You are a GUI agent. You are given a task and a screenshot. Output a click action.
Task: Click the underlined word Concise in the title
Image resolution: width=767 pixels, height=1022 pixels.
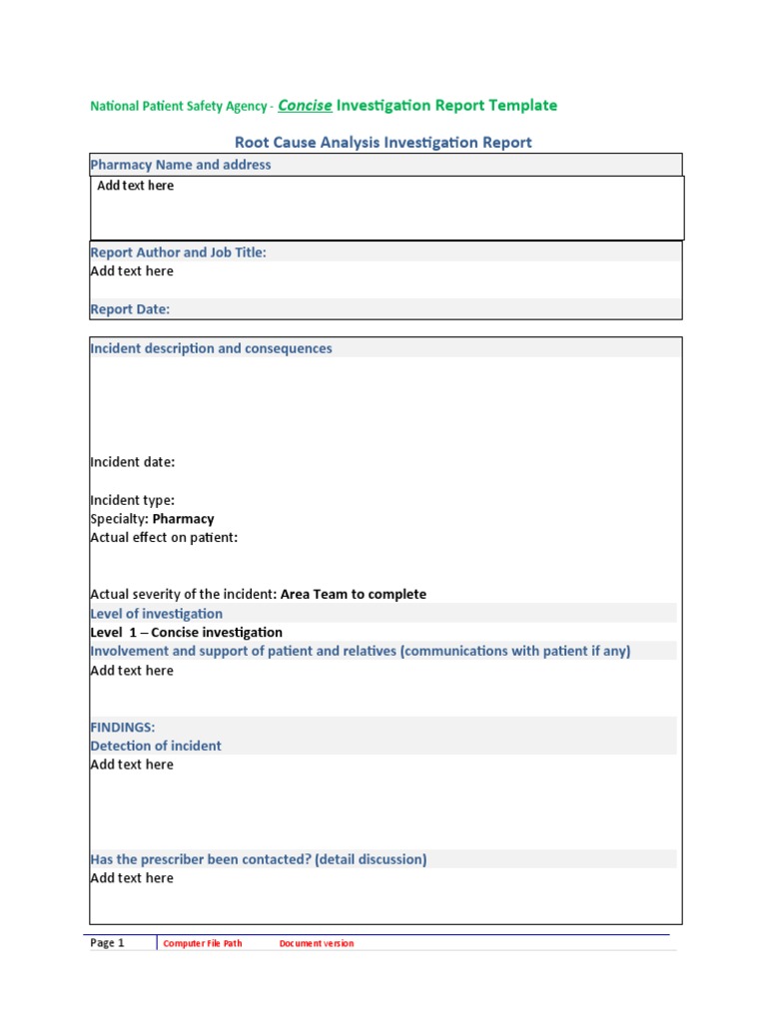click(x=304, y=105)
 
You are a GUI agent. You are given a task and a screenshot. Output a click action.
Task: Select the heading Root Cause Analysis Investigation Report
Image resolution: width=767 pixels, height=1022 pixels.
click(x=383, y=143)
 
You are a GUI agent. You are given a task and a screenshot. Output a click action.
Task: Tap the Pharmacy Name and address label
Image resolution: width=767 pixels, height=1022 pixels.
click(x=180, y=165)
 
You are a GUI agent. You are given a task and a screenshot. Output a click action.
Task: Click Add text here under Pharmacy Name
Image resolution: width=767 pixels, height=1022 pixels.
click(x=135, y=186)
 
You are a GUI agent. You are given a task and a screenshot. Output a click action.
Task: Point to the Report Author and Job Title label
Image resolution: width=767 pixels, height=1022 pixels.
click(x=178, y=253)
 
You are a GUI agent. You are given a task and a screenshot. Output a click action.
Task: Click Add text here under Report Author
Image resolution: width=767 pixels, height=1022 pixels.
click(x=132, y=270)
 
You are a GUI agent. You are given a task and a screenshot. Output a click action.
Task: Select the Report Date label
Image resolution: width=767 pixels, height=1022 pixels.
click(x=130, y=309)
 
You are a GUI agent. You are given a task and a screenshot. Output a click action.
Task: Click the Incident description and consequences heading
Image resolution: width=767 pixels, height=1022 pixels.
click(x=211, y=348)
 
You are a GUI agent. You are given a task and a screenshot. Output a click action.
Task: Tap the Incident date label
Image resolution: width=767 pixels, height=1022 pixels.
click(x=132, y=462)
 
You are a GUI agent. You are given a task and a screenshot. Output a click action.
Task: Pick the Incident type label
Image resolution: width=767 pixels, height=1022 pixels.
click(x=132, y=500)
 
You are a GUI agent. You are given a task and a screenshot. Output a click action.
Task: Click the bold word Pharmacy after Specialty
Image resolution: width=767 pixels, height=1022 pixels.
click(x=183, y=519)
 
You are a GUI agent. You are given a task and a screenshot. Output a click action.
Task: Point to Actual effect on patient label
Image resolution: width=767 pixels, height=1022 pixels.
click(x=164, y=538)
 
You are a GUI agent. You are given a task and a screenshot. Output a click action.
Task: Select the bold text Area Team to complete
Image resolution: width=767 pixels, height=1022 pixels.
click(x=354, y=594)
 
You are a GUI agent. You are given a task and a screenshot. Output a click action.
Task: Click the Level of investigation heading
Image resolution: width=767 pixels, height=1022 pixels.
click(x=156, y=614)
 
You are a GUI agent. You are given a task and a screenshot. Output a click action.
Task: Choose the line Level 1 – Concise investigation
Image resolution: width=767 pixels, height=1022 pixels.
click(x=186, y=632)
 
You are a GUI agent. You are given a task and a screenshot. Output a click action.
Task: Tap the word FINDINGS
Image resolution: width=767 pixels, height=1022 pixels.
click(x=122, y=727)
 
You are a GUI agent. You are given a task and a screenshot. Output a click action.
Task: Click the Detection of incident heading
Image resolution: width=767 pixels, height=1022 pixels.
click(x=156, y=746)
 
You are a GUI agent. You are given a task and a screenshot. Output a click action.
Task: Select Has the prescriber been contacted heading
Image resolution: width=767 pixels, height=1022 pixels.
click(x=258, y=859)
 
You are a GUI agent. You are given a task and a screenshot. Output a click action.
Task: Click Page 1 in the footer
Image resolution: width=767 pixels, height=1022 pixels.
click(x=107, y=943)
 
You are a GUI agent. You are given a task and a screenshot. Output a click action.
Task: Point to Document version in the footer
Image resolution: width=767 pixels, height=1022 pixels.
click(x=316, y=943)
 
